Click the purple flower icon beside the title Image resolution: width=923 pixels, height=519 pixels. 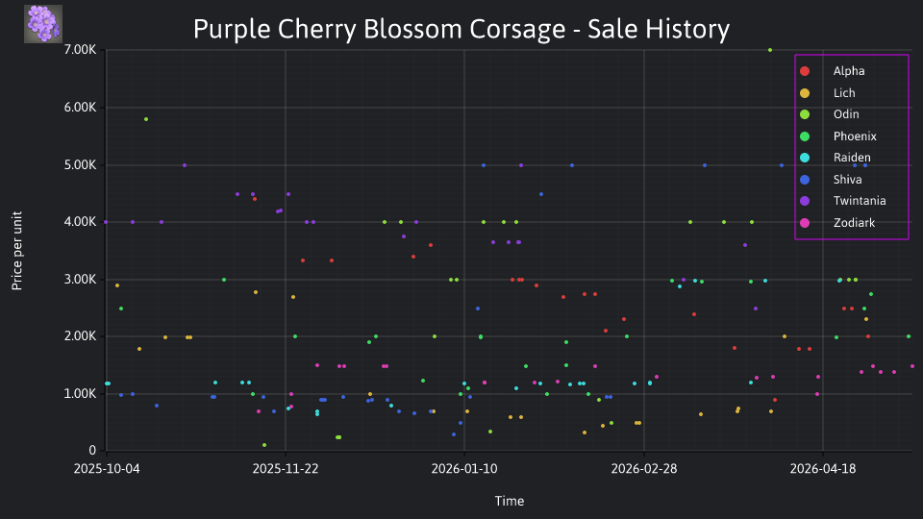43,24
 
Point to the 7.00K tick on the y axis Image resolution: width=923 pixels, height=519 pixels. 80,49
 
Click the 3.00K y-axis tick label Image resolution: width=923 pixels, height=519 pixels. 80,279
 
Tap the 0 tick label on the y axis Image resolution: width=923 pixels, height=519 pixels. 92,450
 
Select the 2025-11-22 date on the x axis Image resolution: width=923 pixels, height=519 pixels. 286,469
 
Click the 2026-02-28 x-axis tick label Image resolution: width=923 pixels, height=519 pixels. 644,469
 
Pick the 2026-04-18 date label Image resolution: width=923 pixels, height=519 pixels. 823,469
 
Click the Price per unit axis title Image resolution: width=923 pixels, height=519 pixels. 17,251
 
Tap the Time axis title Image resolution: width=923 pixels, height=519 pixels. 510,501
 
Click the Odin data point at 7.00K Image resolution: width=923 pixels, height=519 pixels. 770,50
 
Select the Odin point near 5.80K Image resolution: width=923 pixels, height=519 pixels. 146,119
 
